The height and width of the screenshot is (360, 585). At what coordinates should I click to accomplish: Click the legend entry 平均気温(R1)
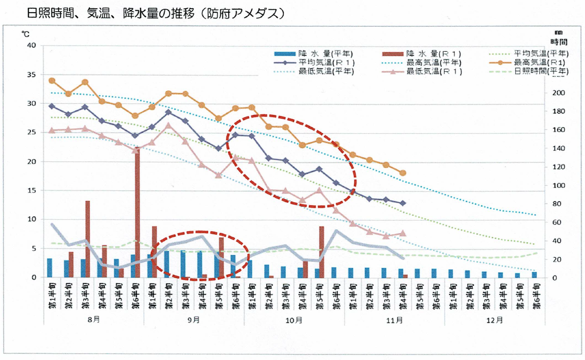327,62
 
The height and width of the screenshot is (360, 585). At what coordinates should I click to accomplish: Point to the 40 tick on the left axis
32,45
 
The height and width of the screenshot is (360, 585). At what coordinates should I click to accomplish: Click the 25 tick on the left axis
32,132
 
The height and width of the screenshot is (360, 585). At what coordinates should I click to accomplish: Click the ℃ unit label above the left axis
25,34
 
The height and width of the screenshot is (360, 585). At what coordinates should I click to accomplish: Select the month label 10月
294,320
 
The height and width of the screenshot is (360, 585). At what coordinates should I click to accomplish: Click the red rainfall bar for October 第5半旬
322,251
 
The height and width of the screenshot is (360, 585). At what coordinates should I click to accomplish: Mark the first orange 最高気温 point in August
52,80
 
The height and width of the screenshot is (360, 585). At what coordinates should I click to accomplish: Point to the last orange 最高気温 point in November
403,173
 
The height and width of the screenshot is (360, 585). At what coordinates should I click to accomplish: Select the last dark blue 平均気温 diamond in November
403,203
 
